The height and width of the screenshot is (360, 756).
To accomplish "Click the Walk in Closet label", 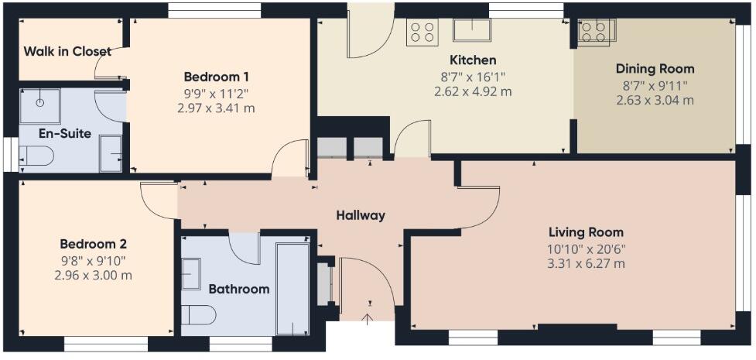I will pyautogui.click(x=67, y=52).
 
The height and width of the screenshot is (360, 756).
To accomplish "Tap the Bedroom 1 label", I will pyautogui.click(x=216, y=77).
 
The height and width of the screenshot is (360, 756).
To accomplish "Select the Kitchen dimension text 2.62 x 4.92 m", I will pyautogui.click(x=473, y=91).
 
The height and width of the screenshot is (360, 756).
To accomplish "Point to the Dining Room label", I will pyautogui.click(x=655, y=69).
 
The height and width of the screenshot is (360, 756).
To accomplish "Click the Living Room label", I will pyautogui.click(x=586, y=232).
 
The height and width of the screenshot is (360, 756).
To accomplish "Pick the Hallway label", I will pyautogui.click(x=360, y=215).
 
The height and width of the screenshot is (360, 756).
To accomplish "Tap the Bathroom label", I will pyautogui.click(x=239, y=290).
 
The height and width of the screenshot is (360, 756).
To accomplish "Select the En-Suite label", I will pyautogui.click(x=65, y=133).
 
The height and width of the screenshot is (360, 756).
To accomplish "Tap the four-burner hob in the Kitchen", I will pyautogui.click(x=422, y=31).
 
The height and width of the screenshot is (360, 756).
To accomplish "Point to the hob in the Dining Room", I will pyautogui.click(x=594, y=30).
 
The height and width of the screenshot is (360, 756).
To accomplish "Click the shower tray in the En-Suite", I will pyautogui.click(x=39, y=106).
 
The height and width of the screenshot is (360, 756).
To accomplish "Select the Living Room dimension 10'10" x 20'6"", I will pyautogui.click(x=586, y=249).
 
